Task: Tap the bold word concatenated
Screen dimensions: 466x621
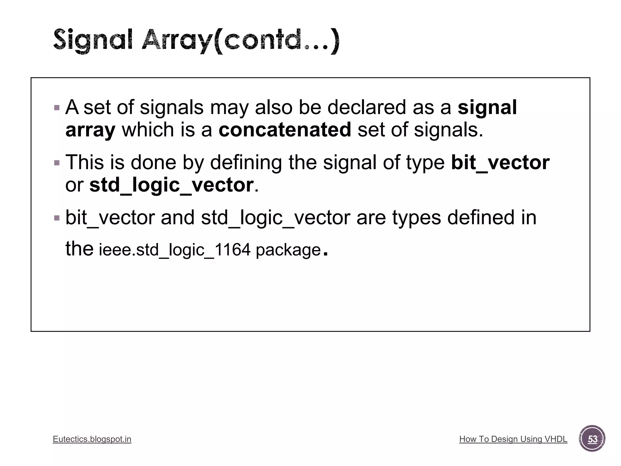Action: [x=285, y=130]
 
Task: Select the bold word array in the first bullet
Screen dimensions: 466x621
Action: [x=90, y=130]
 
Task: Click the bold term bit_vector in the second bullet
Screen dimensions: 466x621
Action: [x=500, y=162]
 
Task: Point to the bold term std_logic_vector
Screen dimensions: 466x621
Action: [x=171, y=185]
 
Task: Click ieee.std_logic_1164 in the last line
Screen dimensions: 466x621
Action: [x=175, y=250]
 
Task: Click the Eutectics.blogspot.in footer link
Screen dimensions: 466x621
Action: [x=92, y=439]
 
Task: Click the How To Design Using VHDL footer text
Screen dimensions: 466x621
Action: [x=513, y=439]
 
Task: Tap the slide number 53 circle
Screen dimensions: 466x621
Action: [x=592, y=439]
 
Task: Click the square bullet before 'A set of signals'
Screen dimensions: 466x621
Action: [x=57, y=108]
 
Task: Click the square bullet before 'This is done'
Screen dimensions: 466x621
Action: [x=57, y=163]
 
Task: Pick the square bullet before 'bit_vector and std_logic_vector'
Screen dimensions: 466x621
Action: [x=57, y=218]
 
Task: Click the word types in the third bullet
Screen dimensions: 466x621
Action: [x=416, y=218]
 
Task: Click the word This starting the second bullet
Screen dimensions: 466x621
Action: [x=85, y=162]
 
